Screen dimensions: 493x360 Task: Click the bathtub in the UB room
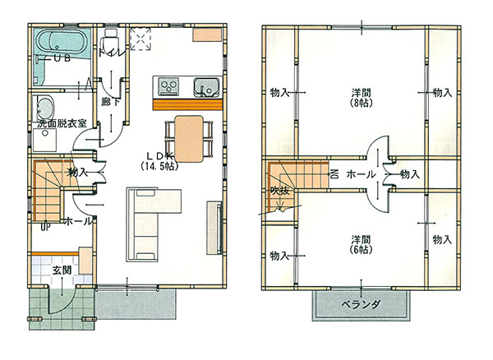coord(62,44)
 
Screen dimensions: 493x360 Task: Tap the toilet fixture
coord(110,39)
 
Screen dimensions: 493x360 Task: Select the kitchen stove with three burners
coord(169,85)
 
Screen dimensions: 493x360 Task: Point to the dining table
coord(189,139)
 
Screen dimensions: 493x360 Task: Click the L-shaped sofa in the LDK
coord(148,220)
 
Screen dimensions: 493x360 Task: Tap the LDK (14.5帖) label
coord(160,160)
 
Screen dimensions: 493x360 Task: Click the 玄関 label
coord(62,270)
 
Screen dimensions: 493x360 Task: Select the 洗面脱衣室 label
coord(62,123)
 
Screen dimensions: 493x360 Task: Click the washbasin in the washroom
coord(44,107)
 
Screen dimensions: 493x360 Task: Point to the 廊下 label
coord(110,102)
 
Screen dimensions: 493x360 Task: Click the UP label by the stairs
coord(45,227)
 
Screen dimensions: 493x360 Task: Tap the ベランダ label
coord(361,304)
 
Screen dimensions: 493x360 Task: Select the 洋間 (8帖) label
coord(362,98)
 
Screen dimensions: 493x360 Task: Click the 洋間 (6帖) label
coord(362,245)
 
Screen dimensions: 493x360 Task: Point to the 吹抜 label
coord(280,190)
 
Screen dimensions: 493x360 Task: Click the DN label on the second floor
coord(334,174)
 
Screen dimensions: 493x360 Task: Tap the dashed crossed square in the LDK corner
coord(141,39)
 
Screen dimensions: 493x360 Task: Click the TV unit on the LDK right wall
coord(214,228)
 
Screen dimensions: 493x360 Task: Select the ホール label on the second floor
coord(361,174)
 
